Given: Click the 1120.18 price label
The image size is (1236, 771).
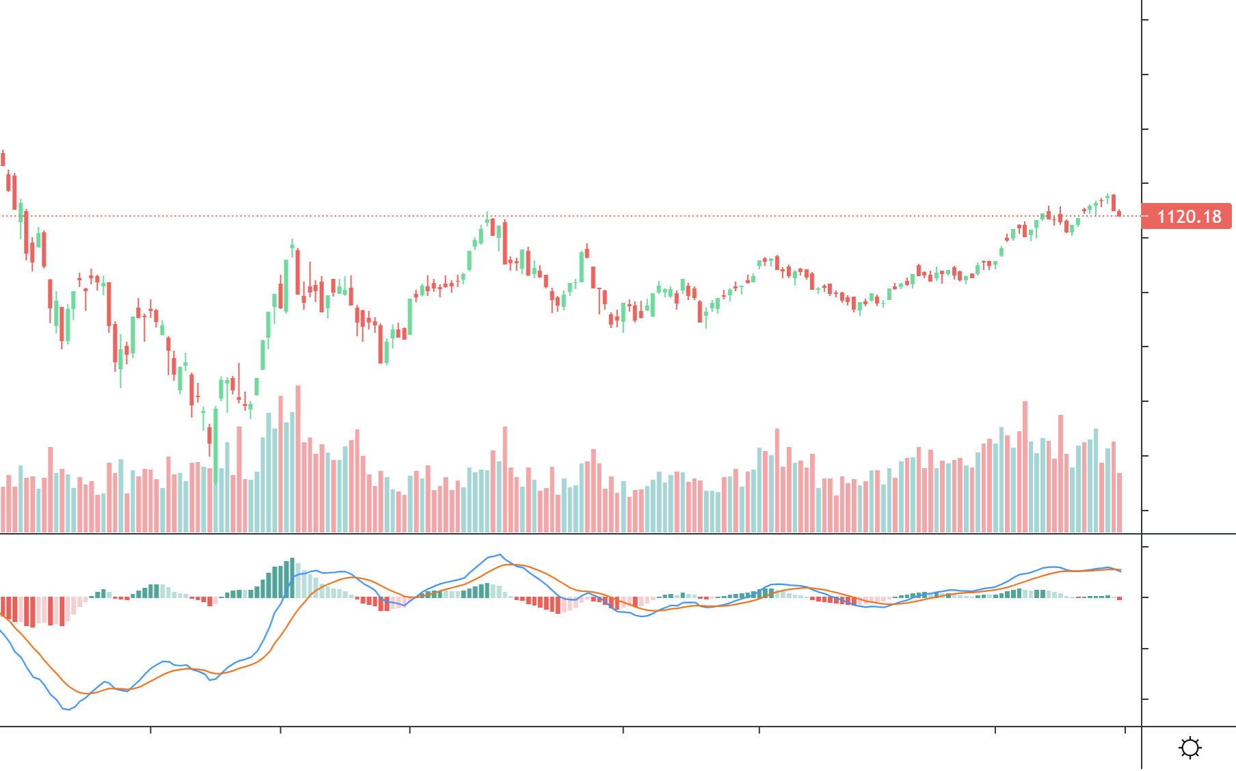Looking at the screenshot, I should (x=1187, y=217).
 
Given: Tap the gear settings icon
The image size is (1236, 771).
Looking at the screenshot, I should (x=1190, y=747).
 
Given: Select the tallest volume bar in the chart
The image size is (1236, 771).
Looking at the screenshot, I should (x=298, y=458).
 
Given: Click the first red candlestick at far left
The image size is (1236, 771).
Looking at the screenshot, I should (x=3, y=159).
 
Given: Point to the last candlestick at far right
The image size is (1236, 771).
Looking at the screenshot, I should (x=1119, y=213).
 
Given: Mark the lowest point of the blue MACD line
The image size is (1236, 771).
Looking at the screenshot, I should (x=67, y=709).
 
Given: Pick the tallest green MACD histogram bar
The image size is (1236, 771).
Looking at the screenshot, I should (x=292, y=578).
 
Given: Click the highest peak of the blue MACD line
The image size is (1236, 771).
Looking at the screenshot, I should (x=500, y=555).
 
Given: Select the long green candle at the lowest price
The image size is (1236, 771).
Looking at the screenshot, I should (x=215, y=444).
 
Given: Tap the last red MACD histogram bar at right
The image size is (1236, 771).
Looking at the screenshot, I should (x=1119, y=599).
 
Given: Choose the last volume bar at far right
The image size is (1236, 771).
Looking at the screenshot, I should (x=1119, y=502).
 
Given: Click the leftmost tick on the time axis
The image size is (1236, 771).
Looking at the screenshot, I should (x=150, y=730).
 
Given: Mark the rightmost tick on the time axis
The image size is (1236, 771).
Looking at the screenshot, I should (x=1125, y=730).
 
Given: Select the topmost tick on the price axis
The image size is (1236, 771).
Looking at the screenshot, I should (x=1145, y=20).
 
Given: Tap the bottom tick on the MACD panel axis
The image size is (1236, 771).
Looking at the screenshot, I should (x=1145, y=699).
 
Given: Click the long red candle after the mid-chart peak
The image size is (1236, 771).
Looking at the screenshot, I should (x=505, y=242).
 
